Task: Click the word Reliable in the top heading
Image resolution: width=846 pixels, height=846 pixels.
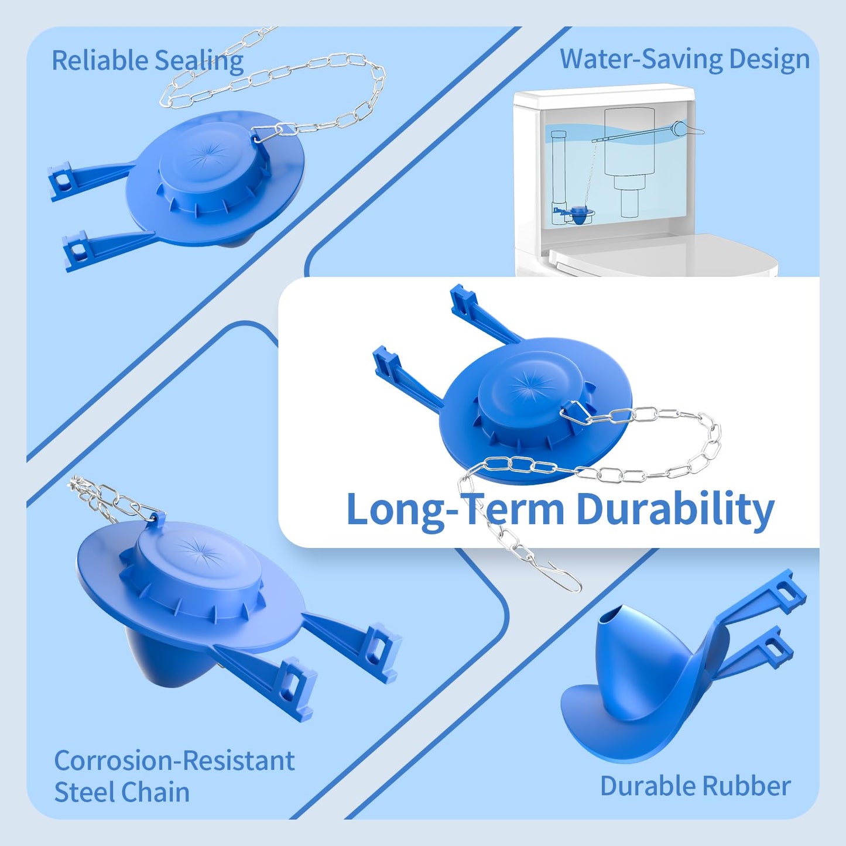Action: [100, 60]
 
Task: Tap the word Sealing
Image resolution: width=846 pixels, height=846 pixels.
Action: [199, 61]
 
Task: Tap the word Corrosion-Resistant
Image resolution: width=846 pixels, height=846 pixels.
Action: [174, 761]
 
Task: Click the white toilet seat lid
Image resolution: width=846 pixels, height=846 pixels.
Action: [662, 255]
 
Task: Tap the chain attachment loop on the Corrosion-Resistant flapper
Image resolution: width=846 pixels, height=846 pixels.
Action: [155, 518]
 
